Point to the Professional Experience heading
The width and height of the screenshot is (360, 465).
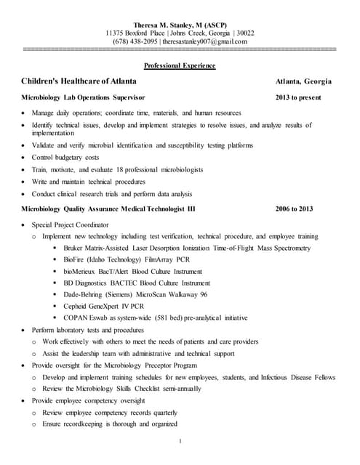180,66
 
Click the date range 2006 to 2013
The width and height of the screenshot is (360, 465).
295,209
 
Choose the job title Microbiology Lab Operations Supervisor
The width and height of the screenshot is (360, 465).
83,97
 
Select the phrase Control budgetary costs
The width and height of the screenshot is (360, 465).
65,157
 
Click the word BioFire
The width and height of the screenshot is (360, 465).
76,259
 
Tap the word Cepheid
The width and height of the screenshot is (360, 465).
77,307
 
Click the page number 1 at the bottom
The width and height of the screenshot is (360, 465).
180,441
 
